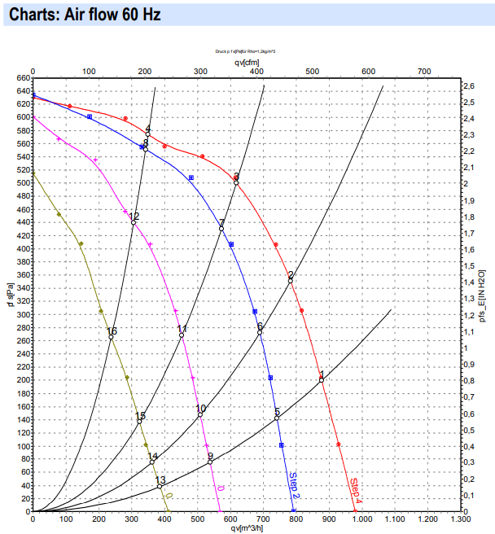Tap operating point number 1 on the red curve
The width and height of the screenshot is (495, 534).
point(322,379)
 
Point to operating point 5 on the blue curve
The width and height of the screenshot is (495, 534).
point(277,418)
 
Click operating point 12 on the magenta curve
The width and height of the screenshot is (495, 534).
point(134,222)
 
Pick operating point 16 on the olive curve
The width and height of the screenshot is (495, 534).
point(111,337)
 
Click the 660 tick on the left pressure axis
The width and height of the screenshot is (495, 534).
point(21,78)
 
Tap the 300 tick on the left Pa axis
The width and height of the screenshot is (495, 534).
point(21,314)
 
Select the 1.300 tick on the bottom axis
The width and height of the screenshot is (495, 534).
point(461,519)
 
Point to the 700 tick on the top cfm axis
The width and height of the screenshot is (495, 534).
point(424,72)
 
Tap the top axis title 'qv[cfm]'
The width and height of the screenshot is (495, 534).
point(247,60)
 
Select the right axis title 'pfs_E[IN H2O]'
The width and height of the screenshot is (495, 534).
point(483,297)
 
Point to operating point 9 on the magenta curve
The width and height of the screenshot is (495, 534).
point(210,462)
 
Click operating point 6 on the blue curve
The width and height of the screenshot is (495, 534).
point(260,332)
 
